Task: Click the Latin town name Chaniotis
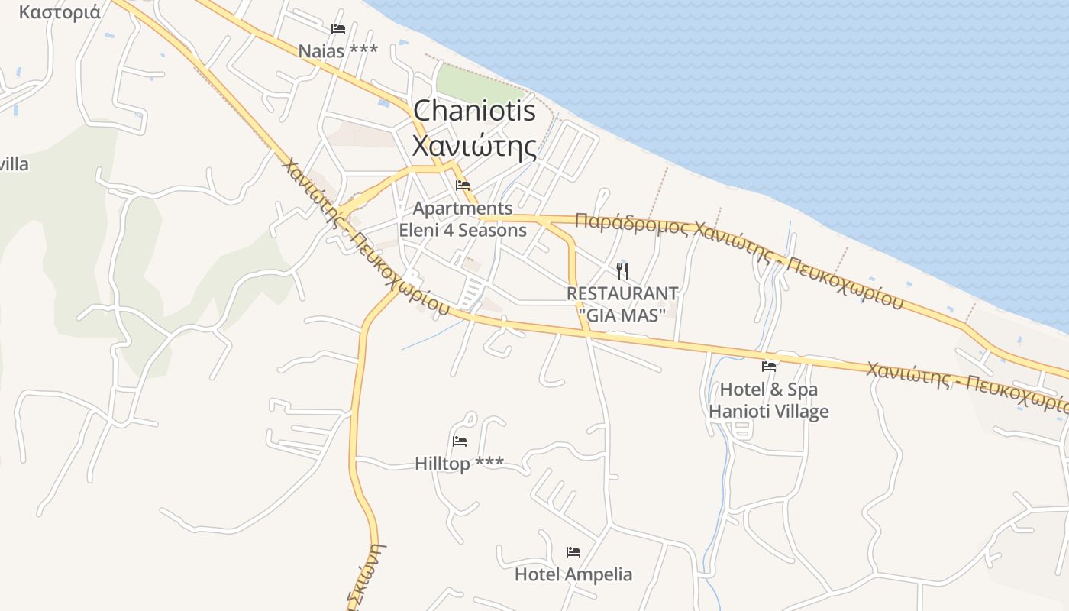[x=474, y=111]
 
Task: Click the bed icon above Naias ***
[x=338, y=29]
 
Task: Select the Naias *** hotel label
[x=337, y=51]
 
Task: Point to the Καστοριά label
[x=60, y=12]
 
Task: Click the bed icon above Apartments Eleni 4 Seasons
[x=463, y=185]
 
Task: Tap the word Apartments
[x=463, y=208]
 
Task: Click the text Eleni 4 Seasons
[x=463, y=230]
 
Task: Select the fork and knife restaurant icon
[x=622, y=270]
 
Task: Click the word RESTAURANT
[x=622, y=293]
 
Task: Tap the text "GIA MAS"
[x=622, y=314]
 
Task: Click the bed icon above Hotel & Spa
[x=769, y=367]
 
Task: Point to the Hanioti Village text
[x=769, y=412]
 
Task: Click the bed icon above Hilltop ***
[x=460, y=441]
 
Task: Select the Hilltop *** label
[x=459, y=464]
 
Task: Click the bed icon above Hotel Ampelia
[x=573, y=551]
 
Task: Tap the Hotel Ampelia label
[x=573, y=574]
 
